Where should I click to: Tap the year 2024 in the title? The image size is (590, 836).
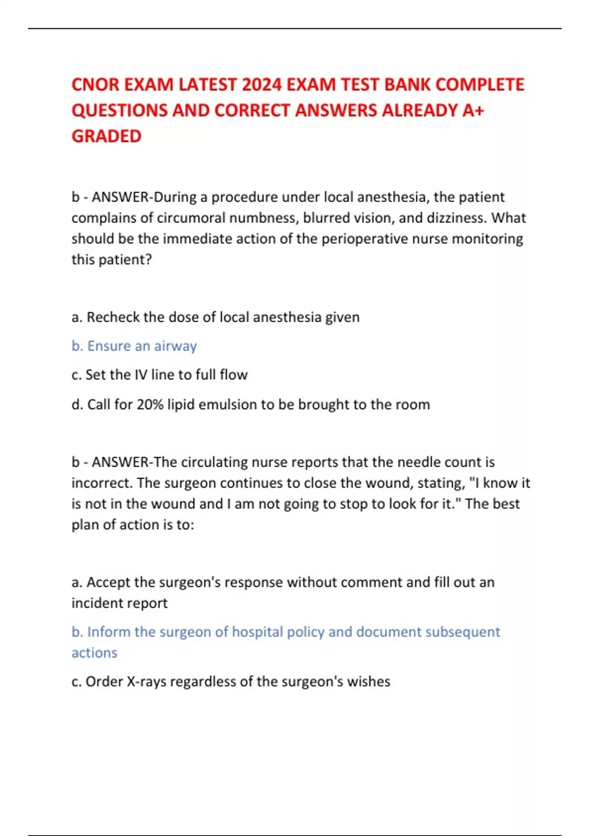click(262, 85)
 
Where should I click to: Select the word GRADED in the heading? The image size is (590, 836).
click(106, 136)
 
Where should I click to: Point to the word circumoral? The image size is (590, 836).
click(191, 218)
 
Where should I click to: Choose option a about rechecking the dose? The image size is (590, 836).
click(215, 317)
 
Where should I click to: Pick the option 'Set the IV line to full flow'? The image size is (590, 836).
click(159, 375)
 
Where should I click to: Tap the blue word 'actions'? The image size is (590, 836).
click(94, 653)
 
